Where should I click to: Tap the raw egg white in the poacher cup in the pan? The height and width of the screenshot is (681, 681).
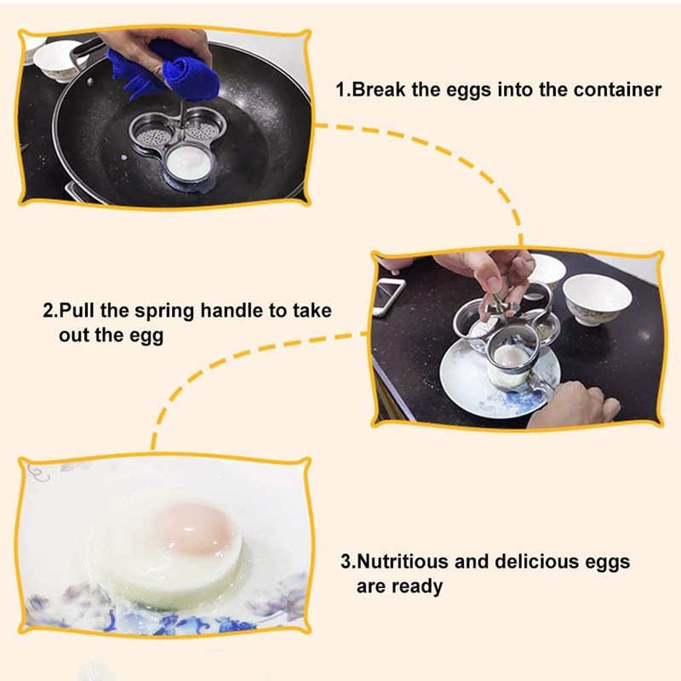point(190,159)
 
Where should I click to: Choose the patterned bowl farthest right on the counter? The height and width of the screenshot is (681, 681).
point(598,298)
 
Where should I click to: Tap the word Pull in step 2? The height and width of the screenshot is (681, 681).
point(74,311)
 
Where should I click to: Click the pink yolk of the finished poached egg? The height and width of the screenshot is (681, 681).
point(195,530)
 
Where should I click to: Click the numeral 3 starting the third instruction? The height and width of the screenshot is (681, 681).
point(346,562)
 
